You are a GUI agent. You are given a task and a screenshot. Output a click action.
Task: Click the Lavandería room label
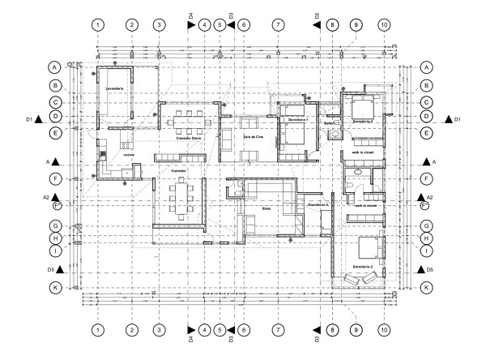113,86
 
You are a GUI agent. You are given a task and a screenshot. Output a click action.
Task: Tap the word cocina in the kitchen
127,154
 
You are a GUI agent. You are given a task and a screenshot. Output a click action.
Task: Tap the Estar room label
266,208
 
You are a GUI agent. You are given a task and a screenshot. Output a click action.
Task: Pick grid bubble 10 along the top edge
384,25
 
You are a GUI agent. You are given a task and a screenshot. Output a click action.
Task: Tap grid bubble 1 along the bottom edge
97,330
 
